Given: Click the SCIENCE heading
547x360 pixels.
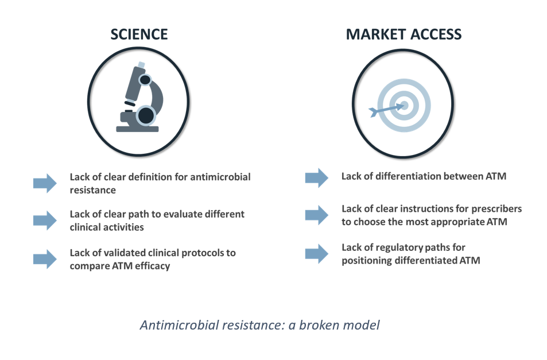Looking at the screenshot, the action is [139, 34].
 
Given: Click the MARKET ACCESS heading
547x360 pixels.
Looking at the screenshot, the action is [404, 34].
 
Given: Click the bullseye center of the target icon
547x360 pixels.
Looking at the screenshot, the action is [404, 105].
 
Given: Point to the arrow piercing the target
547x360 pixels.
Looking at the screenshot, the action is [386, 110].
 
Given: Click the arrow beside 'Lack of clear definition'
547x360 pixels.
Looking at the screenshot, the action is [45, 183].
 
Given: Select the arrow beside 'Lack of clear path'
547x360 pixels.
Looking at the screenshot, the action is [45, 220].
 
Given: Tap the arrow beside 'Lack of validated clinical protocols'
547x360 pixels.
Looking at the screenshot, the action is [45, 259].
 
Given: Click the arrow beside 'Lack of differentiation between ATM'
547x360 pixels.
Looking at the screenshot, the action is [317, 178].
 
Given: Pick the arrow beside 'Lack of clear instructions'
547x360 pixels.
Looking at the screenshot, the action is [317, 215].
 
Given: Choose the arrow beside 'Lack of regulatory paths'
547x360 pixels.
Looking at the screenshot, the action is [317, 254].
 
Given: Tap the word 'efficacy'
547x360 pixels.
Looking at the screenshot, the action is [153, 266].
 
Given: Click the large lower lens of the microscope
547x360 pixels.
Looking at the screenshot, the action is [145, 115].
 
